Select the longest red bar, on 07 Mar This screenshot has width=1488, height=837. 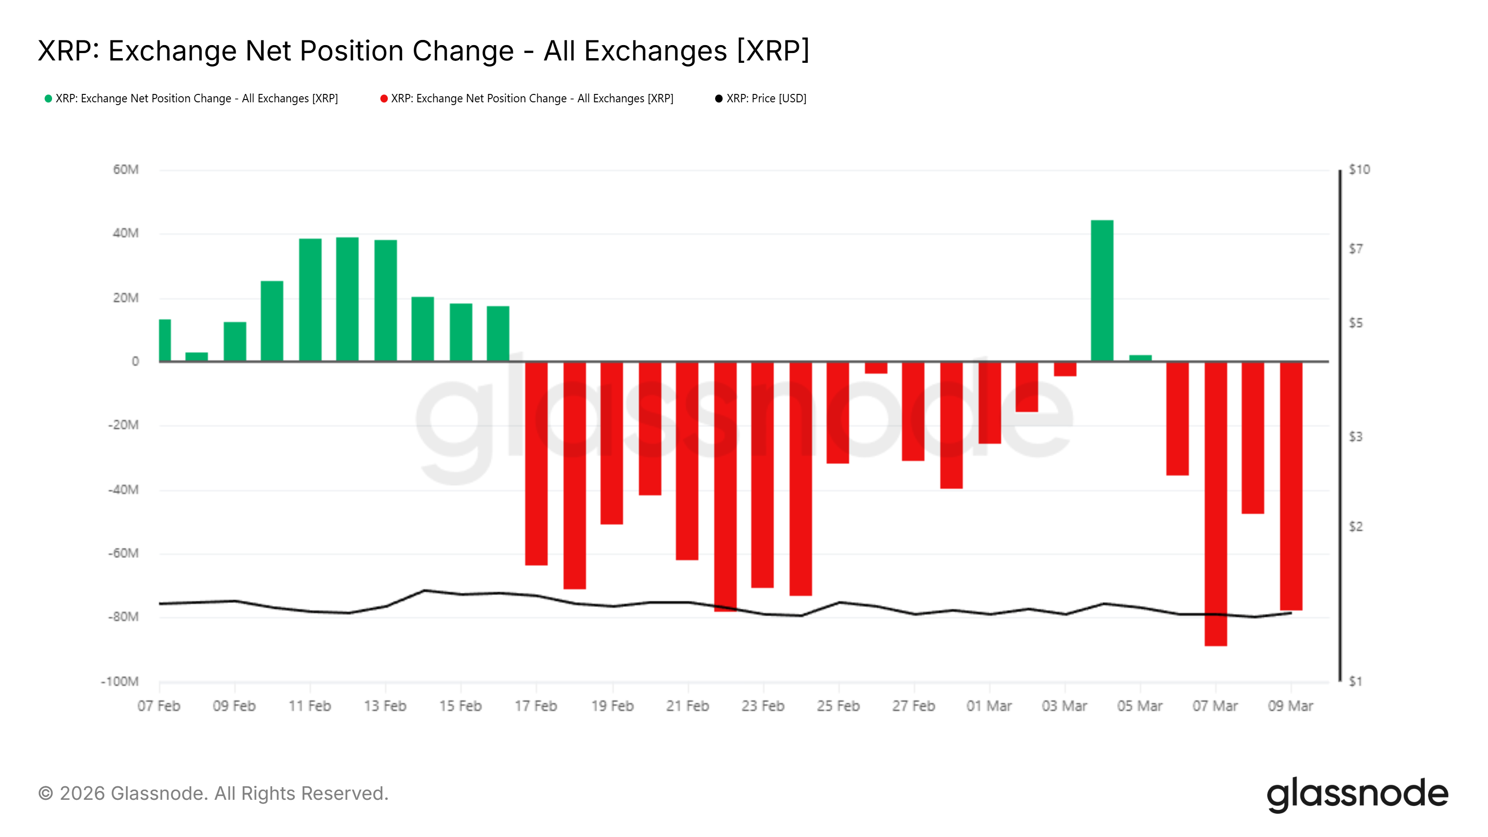click(1216, 503)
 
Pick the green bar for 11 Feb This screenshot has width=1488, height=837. click(310, 300)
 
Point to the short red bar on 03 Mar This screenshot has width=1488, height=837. click(1064, 369)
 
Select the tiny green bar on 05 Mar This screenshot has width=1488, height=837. click(1140, 358)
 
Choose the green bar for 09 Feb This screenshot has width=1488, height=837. click(234, 341)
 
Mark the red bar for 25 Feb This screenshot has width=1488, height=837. click(837, 412)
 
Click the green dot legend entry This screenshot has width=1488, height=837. click(191, 99)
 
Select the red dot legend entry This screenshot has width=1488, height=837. click(527, 99)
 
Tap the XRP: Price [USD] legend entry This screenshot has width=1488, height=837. click(761, 99)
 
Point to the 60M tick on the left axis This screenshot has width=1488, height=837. click(126, 170)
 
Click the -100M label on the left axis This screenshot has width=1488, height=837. click(120, 682)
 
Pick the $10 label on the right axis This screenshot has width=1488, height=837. click(1359, 170)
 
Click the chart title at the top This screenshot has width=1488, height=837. click(424, 51)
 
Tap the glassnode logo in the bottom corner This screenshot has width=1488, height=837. click(1357, 794)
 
